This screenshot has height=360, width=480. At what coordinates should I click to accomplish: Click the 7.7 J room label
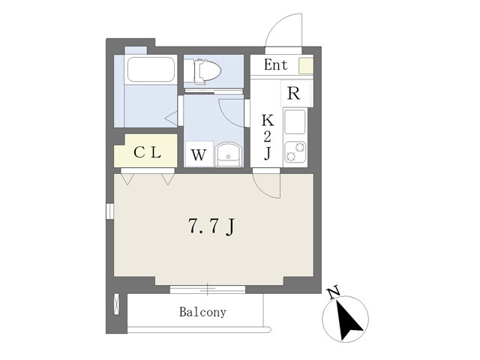[211, 226]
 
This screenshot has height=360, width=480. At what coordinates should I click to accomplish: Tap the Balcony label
[202, 312]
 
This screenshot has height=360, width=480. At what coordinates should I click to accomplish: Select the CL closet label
[147, 152]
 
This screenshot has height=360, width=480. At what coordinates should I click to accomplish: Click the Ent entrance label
[276, 65]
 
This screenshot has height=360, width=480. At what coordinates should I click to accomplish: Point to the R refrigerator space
[294, 93]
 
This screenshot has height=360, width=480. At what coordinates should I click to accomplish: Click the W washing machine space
[198, 154]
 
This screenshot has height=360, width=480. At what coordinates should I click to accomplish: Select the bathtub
[151, 70]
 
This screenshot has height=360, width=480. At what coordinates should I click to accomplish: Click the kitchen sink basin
[295, 121]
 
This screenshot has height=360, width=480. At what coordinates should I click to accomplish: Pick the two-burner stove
[295, 151]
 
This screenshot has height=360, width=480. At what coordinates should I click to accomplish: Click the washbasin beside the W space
[228, 154]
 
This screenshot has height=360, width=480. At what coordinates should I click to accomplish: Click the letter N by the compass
[333, 292]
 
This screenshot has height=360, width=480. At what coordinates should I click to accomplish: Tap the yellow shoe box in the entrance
[306, 65]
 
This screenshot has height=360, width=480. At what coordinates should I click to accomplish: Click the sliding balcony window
[208, 289]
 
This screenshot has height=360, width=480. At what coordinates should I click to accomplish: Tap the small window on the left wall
[110, 211]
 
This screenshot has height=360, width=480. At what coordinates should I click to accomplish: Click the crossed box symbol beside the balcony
[117, 304]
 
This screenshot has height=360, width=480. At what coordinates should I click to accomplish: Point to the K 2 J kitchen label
[267, 136]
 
